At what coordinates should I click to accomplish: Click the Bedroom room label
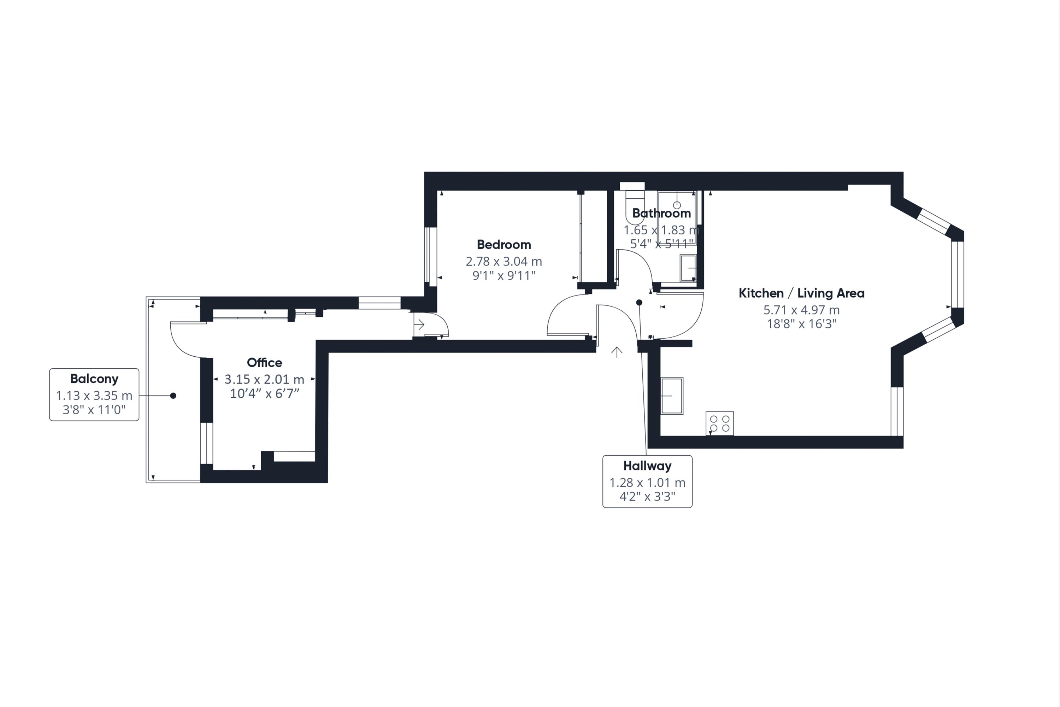(504, 245)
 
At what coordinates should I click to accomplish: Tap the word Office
(265, 363)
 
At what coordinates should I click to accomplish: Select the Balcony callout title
(94, 379)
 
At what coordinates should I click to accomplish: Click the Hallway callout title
(647, 466)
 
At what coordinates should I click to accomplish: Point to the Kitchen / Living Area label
(801, 293)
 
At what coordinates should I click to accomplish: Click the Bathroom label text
(661, 213)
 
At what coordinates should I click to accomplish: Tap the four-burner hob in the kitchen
(720, 423)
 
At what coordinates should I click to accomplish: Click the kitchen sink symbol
(672, 396)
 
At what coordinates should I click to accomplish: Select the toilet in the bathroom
(635, 208)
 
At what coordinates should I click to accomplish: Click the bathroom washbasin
(688, 268)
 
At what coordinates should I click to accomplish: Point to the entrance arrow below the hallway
(617, 352)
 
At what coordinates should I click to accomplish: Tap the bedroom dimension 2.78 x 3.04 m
(504, 262)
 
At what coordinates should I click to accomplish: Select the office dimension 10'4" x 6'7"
(265, 394)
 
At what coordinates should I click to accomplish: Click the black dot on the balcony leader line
(173, 396)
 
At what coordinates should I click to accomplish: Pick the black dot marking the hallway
(639, 303)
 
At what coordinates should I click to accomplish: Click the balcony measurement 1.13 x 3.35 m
(94, 396)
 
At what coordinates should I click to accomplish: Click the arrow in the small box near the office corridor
(419, 325)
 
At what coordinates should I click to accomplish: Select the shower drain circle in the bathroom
(677, 205)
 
